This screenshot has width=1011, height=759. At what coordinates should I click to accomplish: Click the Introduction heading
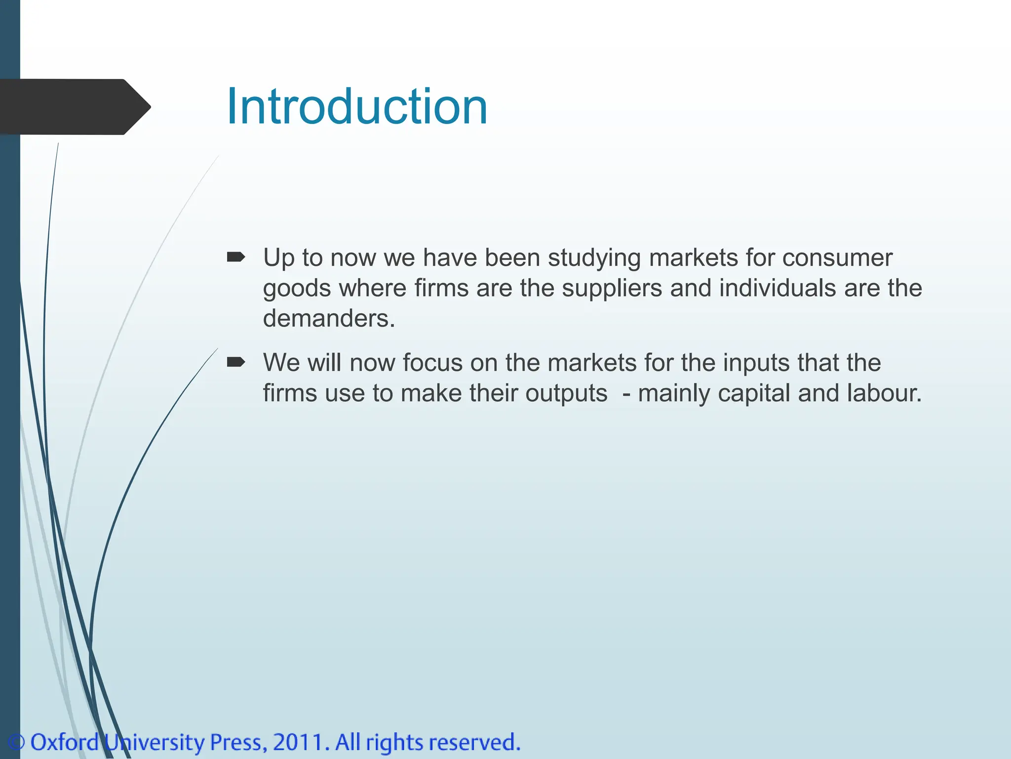[x=356, y=107]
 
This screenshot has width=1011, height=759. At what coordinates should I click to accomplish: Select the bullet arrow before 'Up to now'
[x=235, y=257]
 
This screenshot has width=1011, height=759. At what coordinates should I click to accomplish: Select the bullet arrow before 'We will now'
[x=235, y=362]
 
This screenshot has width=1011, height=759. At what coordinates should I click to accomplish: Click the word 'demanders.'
[x=329, y=318]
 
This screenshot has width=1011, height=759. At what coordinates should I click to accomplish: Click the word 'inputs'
[x=756, y=363]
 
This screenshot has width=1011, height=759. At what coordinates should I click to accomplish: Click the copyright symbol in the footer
[x=16, y=743]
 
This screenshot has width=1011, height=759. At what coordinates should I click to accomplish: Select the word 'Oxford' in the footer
[x=65, y=743]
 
